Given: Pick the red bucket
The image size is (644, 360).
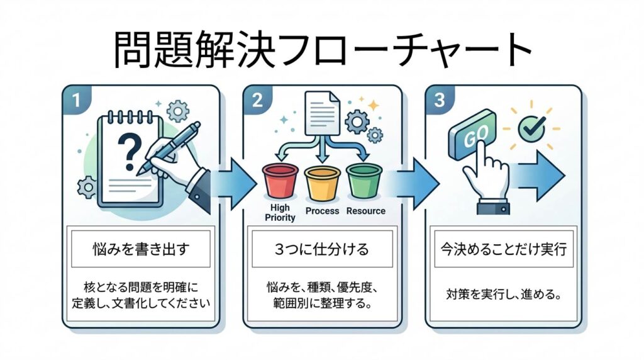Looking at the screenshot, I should pos(280,181).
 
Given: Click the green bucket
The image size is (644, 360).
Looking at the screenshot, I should pos(364,181).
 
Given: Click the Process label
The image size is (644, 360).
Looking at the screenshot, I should pos(322,211).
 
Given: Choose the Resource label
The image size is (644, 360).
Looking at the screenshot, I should pos(366,211).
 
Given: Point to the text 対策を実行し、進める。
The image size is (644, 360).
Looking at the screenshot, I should pos(502,294).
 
